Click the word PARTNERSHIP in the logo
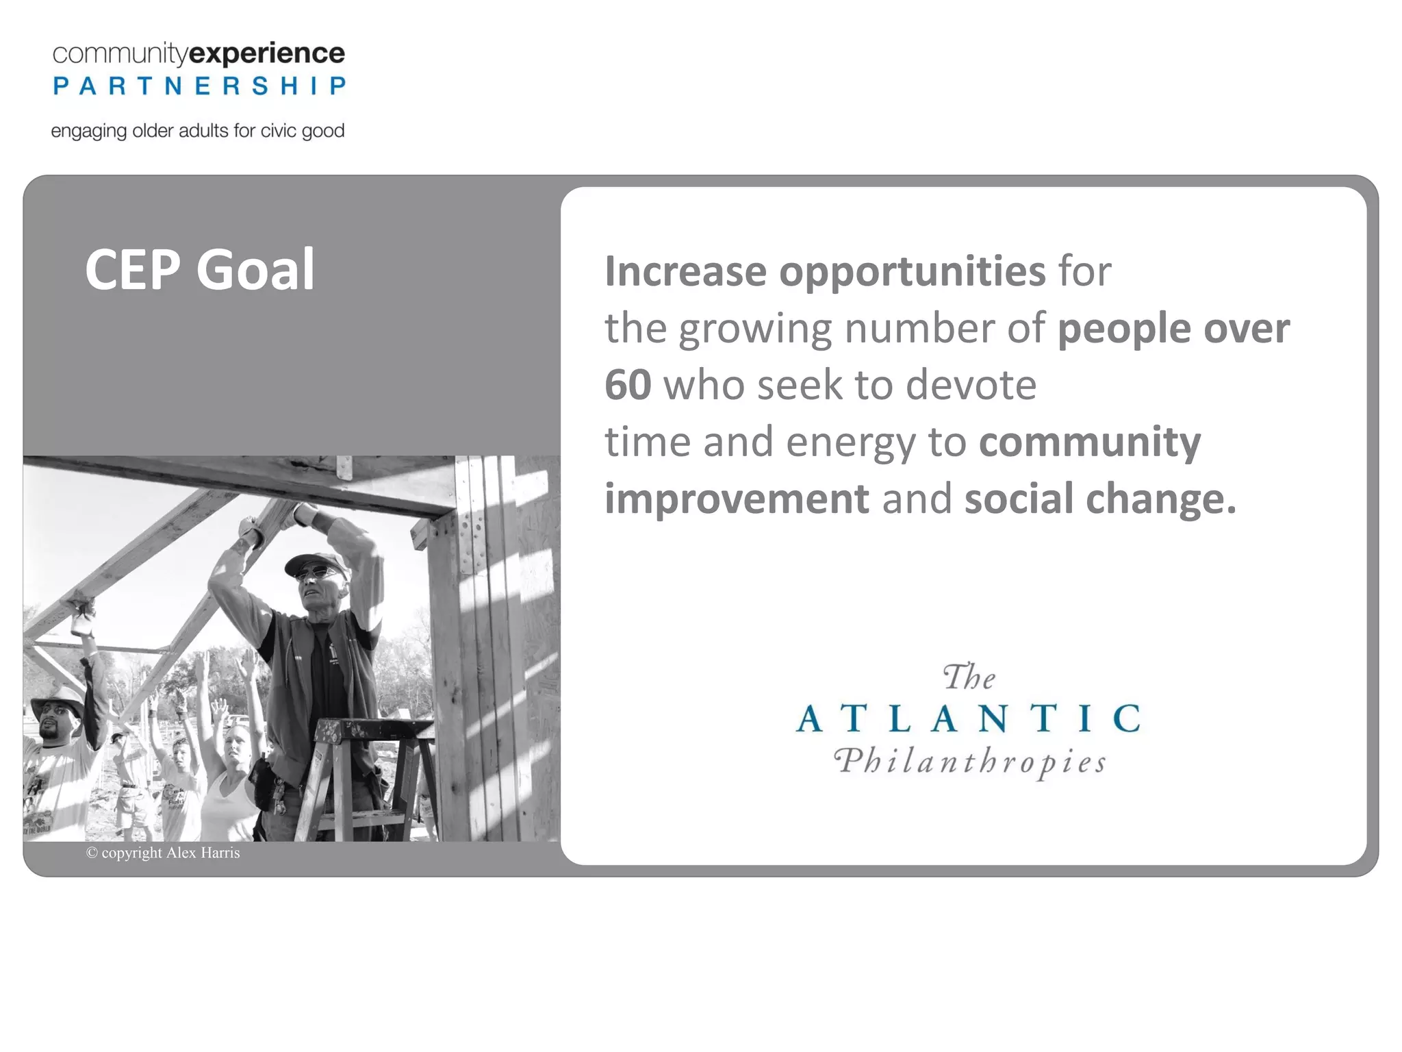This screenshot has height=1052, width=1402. point(199,86)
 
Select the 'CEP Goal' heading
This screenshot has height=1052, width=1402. point(199,270)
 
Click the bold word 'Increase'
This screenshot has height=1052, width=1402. point(685,271)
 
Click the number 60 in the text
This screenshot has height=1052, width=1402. point(627,385)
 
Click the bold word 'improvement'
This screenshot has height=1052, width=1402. point(737,499)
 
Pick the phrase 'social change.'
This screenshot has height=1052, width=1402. point(1100,499)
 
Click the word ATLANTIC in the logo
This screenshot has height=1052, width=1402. point(969,718)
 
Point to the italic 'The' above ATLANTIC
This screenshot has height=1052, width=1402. point(969,677)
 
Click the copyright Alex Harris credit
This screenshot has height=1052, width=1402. point(163,853)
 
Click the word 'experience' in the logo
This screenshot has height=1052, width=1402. point(266,53)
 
